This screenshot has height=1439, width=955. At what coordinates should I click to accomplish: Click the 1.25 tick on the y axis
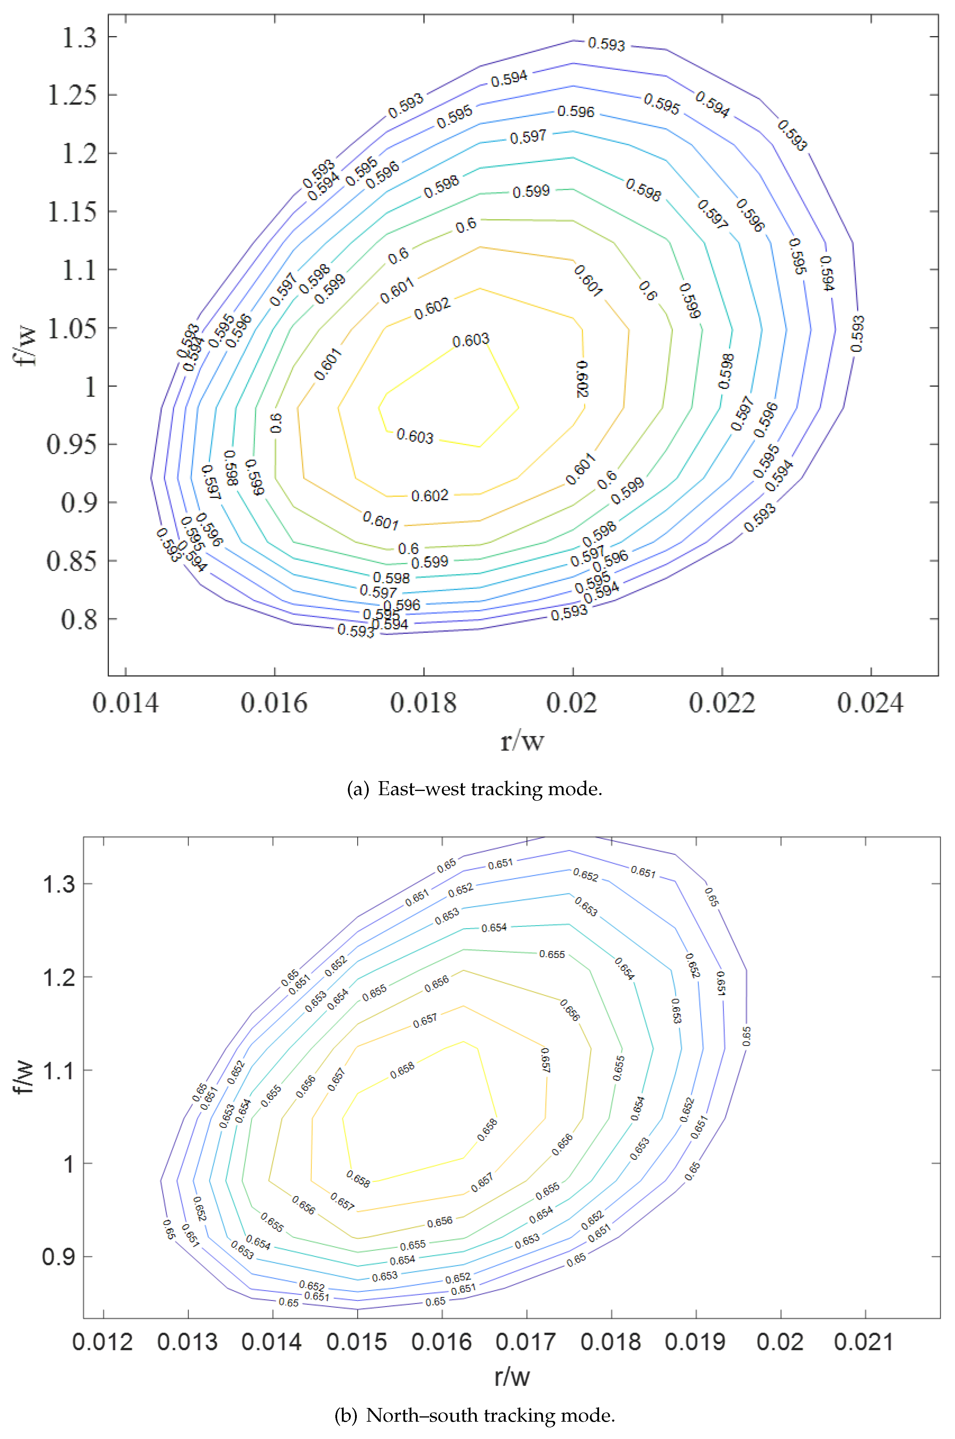click(x=72, y=95)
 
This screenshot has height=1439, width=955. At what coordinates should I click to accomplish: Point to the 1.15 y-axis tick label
click(x=72, y=212)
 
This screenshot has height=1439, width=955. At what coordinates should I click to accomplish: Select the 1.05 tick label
click(x=72, y=329)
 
